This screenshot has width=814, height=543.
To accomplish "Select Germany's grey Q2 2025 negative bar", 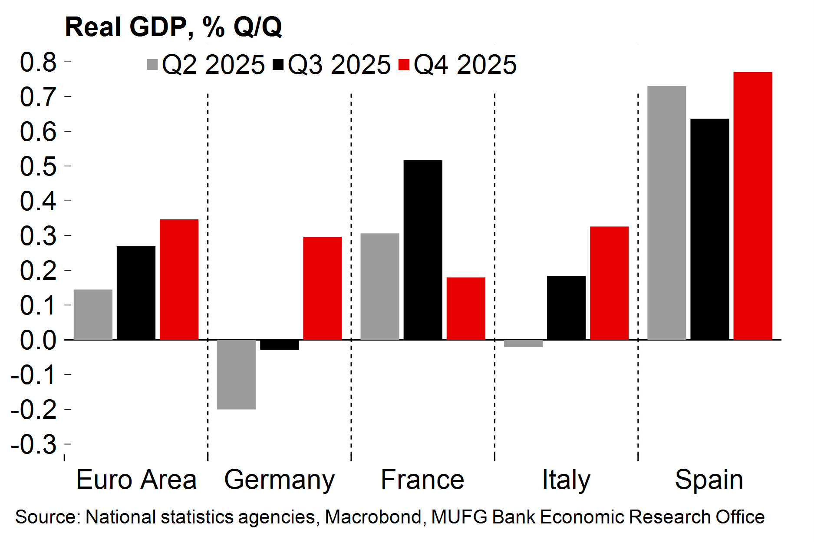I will point(236,374).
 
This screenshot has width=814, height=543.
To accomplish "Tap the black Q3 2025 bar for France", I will point(423,250).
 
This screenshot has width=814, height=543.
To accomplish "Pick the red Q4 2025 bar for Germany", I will point(323,288).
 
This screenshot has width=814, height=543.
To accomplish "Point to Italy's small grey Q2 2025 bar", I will point(523,343).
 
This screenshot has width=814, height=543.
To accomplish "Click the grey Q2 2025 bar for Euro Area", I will point(93,315).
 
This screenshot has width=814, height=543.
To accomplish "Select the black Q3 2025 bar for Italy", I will point(566,308).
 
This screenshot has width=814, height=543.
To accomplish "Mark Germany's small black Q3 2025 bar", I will point(280,344).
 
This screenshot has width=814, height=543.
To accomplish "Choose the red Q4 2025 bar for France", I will point(466,308).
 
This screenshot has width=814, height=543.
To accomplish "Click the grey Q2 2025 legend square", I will point(152,64).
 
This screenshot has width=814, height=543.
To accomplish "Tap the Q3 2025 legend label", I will point(339,65).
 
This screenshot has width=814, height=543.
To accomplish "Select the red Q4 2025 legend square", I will point(404,64).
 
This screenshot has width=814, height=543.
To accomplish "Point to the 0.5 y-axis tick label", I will point(38,166).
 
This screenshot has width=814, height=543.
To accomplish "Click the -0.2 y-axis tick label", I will point(34,410).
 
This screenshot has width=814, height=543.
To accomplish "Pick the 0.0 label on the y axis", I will point(38,340).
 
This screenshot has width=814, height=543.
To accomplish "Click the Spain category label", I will point(709,480).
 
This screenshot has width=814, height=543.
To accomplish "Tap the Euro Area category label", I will point(136,480).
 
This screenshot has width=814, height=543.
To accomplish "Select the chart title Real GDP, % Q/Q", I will point(173,27).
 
